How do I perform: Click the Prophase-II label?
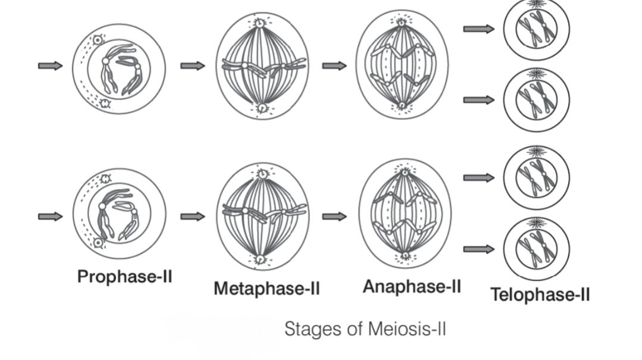coord(125,277)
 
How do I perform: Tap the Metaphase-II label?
coord(267,289)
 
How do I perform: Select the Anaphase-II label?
coord(412,286)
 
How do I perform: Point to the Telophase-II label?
coord(540,294)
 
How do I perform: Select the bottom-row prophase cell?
coord(119,213)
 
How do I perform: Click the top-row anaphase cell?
coord(402,64)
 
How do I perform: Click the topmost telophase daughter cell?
coord(536,28)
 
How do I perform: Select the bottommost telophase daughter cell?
coord(536,249)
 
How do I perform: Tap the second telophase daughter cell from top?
coord(536,99)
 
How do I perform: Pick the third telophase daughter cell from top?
coord(536,177)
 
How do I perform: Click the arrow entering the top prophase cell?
coord(50,65)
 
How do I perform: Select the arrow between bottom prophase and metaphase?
coord(192,217)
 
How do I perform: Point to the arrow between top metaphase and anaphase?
coord(334,65)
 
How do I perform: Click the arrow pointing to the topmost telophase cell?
coord(478,29)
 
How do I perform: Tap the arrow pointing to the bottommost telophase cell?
coord(478,249)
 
